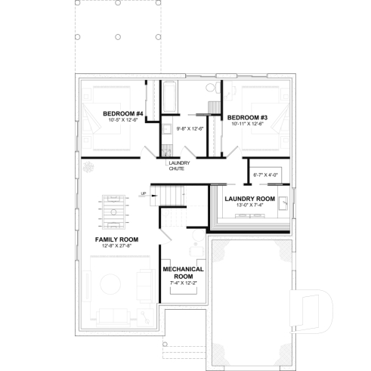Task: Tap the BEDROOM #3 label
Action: [248, 117]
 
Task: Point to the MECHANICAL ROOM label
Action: [182, 272]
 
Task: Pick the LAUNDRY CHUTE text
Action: [178, 165]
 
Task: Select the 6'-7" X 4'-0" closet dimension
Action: [265, 175]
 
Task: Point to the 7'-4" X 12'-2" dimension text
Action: [182, 282]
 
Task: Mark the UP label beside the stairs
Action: [144, 193]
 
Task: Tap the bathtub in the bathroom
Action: [169, 97]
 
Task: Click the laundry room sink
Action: [283, 203]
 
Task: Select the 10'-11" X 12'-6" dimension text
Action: [248, 124]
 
